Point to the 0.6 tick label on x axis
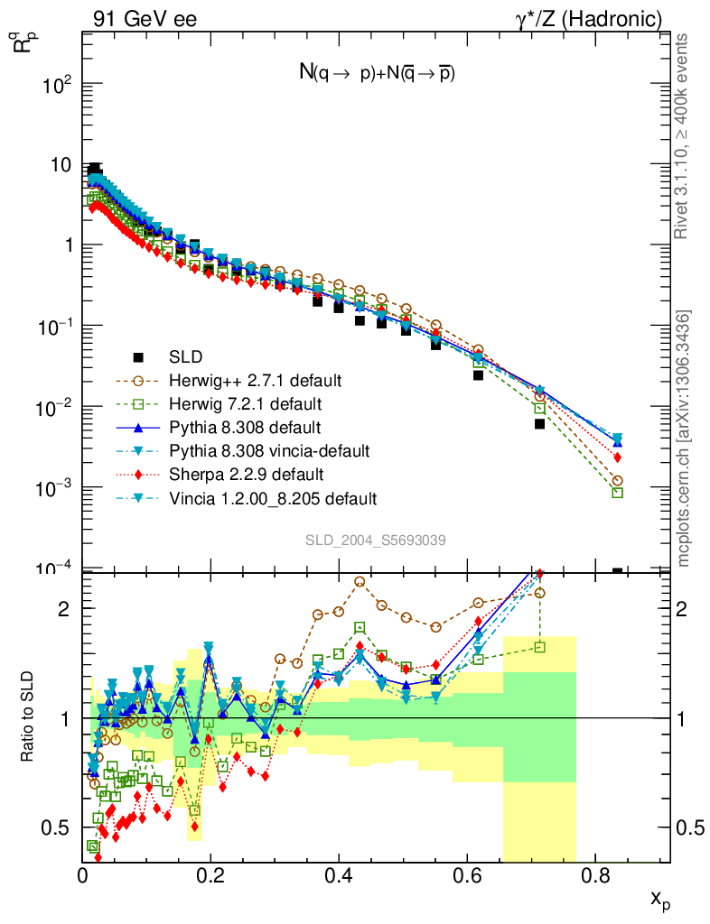(x=466, y=874)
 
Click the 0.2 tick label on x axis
(x=210, y=874)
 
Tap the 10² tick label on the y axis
(x=56, y=85)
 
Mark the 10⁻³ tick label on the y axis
(x=56, y=488)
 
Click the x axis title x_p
(x=659, y=899)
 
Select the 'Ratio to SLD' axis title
(x=27, y=717)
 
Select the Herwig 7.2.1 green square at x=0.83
(x=617, y=493)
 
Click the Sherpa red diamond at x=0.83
(x=617, y=457)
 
